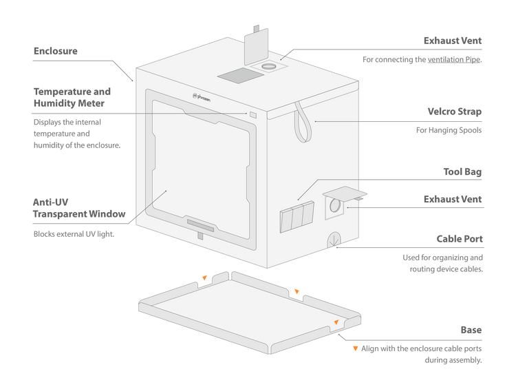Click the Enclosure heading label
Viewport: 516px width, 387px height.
[56, 51]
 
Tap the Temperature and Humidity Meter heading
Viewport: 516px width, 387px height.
[72, 97]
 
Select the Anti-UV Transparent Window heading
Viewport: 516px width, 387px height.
[79, 208]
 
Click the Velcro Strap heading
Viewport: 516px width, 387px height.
[455, 112]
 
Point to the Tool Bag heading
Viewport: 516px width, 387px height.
[462, 172]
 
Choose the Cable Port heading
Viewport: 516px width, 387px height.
[460, 239]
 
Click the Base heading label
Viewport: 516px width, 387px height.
[471, 330]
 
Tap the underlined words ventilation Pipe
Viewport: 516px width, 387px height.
[454, 60]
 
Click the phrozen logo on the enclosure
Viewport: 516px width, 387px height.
[202, 98]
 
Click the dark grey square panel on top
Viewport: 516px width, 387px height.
[241, 76]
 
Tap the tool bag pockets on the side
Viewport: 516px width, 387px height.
[297, 217]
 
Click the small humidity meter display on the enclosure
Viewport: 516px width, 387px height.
[253, 114]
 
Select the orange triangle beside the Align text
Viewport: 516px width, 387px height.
[355, 348]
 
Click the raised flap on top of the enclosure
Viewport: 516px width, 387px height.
[256, 47]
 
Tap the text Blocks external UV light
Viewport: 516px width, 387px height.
[74, 234]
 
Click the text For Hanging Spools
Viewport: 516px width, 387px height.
[449, 130]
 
